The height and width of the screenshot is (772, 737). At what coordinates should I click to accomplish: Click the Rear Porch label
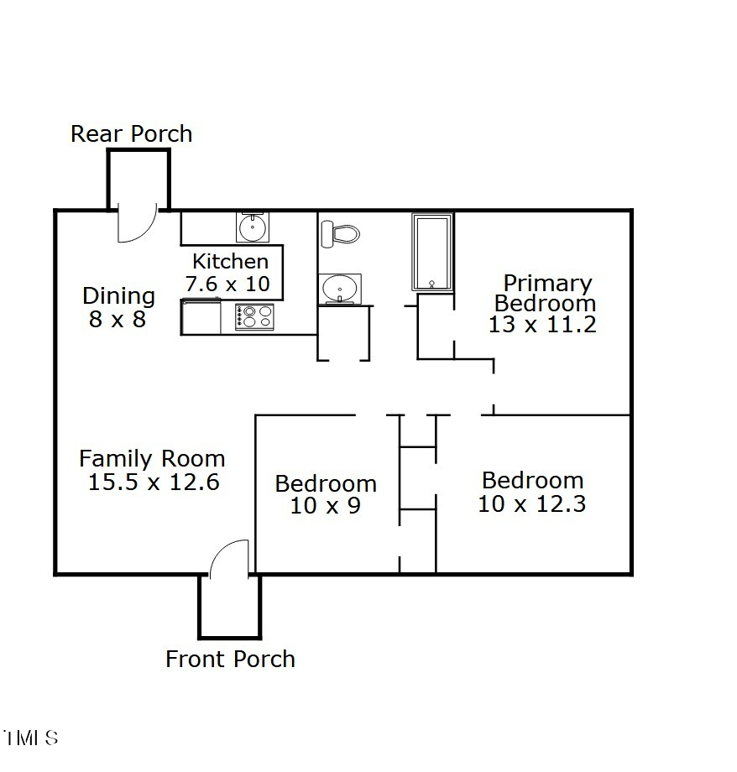coord(131,134)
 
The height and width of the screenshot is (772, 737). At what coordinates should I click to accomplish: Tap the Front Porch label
coord(230,660)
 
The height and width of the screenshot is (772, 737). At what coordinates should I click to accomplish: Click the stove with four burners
coord(255,316)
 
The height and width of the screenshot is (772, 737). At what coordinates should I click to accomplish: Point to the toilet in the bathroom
coord(339,233)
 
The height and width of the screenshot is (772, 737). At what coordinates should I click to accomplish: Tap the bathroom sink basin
coord(341,289)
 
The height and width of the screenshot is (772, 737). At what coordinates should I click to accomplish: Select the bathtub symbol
coord(432,252)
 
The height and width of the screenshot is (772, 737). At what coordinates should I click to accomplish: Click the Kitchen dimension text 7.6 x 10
coord(228,284)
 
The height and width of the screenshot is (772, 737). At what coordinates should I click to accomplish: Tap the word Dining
coord(118,296)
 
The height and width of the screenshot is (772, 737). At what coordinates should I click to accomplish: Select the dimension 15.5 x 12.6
coord(153,482)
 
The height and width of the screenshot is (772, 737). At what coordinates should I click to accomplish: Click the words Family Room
coord(152,459)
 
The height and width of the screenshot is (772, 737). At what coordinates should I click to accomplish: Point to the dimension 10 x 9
coord(326,506)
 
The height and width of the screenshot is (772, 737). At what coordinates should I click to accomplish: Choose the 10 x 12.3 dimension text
coord(531,504)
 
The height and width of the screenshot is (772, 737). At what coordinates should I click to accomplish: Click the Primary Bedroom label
coord(546,293)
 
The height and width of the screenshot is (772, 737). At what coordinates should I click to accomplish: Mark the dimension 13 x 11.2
coord(542,325)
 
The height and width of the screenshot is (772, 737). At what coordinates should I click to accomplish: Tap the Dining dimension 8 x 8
coord(118,320)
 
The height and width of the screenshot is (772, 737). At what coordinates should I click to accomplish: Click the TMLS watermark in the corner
coord(30,738)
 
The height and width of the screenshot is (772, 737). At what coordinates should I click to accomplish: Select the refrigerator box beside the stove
coord(201,318)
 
